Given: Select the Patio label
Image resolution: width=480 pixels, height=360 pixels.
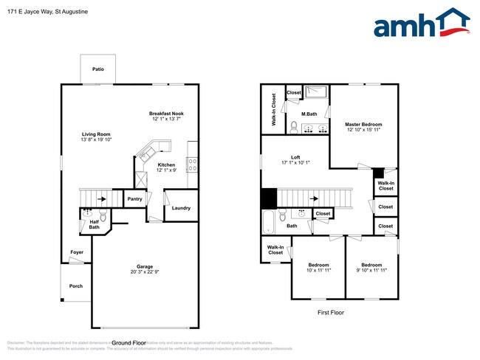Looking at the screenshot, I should click(97, 69).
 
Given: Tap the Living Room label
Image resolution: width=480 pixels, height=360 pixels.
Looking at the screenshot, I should click(96, 134).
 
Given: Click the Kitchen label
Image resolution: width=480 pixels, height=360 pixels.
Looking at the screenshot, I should click(167, 164).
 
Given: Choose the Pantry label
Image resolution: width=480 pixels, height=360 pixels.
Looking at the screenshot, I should click(134, 198).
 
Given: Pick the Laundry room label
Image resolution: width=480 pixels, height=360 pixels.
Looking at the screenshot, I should click(181, 208).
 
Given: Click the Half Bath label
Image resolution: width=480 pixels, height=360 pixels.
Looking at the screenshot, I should click(95, 224).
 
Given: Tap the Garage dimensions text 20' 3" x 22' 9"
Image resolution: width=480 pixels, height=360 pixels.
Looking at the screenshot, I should click(144, 271).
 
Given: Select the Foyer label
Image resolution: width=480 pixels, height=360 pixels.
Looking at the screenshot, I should click(77, 252).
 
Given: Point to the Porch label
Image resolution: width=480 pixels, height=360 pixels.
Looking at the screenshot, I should click(75, 285).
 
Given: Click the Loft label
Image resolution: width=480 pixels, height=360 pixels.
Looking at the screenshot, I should click(295, 157).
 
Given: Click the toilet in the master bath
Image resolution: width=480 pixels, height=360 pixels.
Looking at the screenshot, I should click(294, 128).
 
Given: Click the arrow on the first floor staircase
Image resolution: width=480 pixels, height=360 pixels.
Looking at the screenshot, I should click(314, 198).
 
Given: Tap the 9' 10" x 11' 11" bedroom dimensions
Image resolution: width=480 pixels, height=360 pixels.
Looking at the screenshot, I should click(371, 270).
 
